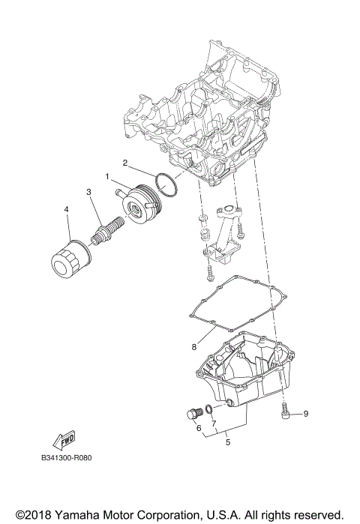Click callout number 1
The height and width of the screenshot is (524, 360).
(108, 178)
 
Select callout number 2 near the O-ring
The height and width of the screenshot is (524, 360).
(125, 162)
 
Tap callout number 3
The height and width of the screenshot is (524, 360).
(88, 193)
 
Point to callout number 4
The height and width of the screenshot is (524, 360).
(67, 209)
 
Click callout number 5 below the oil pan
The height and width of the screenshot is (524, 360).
(228, 442)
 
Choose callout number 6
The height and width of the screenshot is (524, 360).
(199, 428)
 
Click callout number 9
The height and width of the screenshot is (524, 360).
(306, 413)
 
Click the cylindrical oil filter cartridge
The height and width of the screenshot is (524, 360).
(70, 259)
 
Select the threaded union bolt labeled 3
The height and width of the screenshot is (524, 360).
(104, 227)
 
